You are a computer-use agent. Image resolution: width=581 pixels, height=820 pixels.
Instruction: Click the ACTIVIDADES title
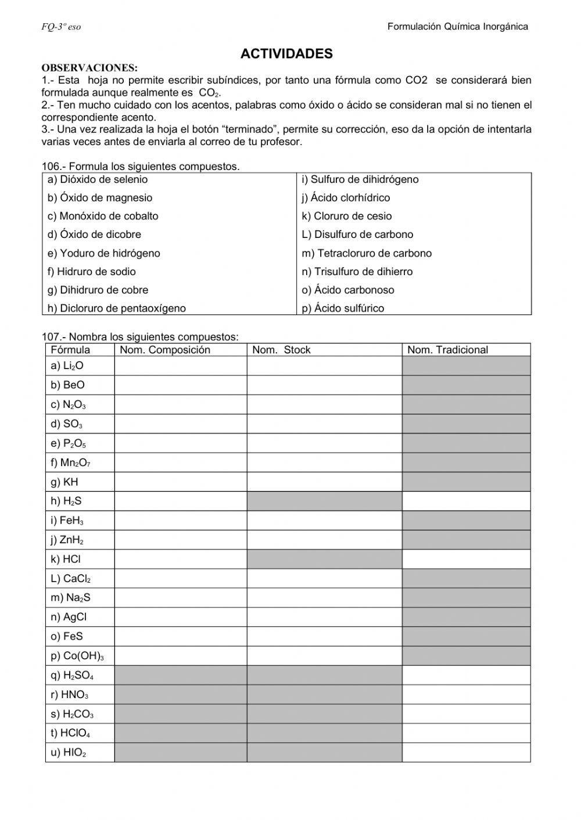coord(286,54)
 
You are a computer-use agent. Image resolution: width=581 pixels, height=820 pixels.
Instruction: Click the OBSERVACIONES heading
coord(89,68)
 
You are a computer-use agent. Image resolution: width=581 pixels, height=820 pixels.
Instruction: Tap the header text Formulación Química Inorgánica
coord(457,26)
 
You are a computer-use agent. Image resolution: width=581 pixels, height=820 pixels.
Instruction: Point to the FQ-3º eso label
coord(61,27)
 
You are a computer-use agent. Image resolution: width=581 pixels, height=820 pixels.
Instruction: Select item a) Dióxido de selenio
coord(98,180)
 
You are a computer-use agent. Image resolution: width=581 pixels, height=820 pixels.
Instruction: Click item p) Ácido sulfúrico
coord(343,308)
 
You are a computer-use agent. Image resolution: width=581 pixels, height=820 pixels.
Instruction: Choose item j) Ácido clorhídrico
coord(346,198)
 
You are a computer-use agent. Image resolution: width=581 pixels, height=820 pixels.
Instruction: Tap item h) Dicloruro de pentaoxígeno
coord(117,308)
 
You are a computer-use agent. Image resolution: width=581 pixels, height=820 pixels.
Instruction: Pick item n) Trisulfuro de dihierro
coord(357,272)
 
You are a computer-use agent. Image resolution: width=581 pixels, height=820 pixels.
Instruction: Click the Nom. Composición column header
coord(165,350)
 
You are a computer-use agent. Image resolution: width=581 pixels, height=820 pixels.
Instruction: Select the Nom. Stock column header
coord(281,350)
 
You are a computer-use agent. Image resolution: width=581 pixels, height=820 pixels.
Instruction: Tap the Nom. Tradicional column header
coord(447,350)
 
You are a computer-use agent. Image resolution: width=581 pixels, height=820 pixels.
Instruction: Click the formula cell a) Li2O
coord(67,366)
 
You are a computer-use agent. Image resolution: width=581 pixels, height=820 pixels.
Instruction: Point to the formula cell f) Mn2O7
coord(71,463)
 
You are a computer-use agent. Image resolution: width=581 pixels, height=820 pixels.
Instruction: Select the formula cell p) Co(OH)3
coord(77,656)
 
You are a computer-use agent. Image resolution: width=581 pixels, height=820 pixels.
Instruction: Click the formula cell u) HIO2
coord(69,753)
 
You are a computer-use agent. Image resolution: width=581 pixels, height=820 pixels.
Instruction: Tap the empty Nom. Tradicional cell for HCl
coord(466,559)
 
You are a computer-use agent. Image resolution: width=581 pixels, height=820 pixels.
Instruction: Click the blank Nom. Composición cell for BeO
coord(181,385)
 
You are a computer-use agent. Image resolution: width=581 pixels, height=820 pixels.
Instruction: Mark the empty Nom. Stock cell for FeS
coord(324,637)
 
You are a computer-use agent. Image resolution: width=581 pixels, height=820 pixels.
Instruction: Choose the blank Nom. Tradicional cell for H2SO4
coord(466,675)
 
